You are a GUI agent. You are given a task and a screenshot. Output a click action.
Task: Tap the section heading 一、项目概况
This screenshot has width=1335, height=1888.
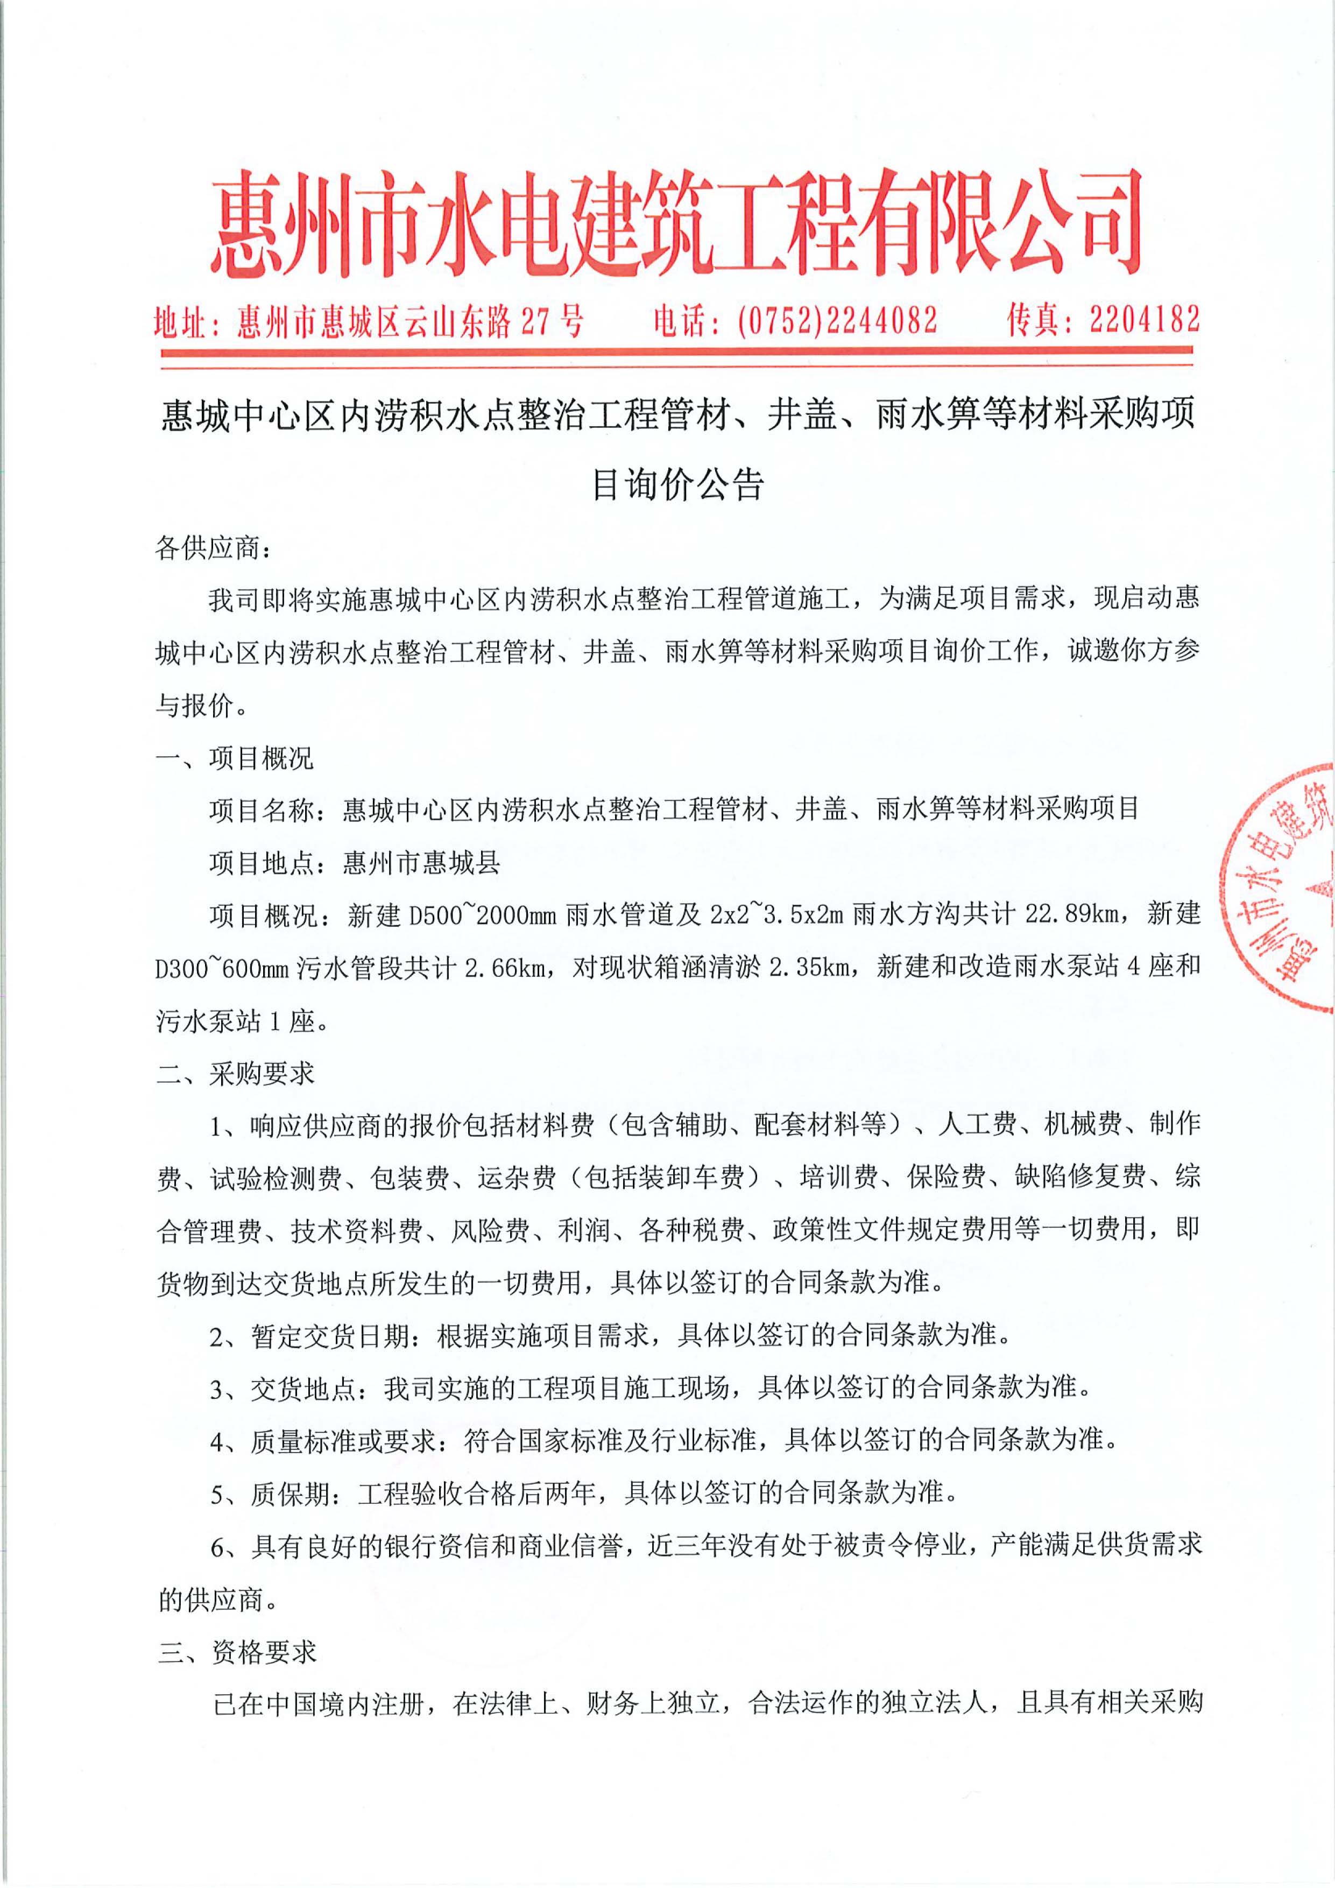coord(235,758)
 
